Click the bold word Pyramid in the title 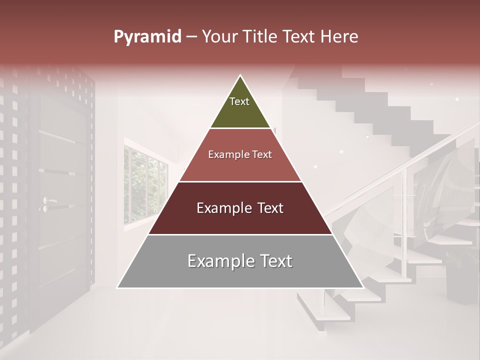[147, 37]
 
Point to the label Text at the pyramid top [239, 101]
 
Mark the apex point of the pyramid [240, 75]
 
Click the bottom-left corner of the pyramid [118, 287]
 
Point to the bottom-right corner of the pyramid [363, 287]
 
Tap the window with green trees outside [145, 185]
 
